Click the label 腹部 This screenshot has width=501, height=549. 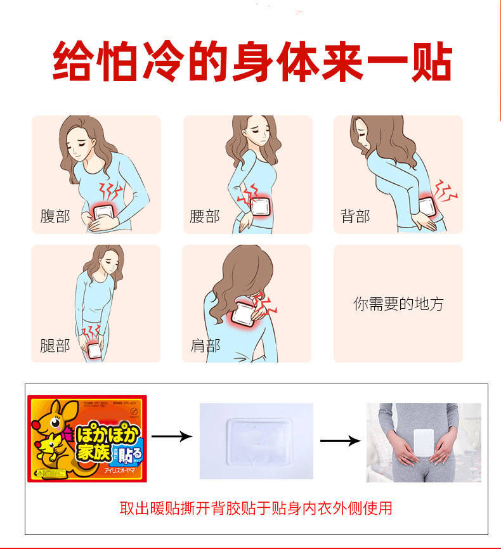click(55, 216)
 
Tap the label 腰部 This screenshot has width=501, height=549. click(205, 216)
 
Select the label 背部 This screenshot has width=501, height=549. click(355, 216)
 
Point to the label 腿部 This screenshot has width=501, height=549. click(55, 346)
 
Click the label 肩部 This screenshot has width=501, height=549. click(205, 346)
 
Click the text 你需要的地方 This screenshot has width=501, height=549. click(398, 304)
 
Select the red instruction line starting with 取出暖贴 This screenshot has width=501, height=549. click(256, 508)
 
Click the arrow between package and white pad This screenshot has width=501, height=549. click(171, 436)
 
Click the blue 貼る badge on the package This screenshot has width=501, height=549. click(131, 453)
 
